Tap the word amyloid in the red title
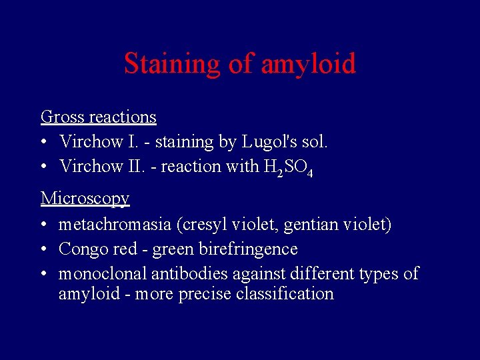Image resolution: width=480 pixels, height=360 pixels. (309, 65)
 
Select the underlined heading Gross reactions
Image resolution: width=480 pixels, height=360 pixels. (99, 117)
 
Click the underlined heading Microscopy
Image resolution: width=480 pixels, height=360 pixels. (85, 198)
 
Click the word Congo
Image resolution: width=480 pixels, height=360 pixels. (83, 249)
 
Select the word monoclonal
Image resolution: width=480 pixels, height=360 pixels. (103, 274)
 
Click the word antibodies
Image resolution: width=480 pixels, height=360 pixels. (189, 274)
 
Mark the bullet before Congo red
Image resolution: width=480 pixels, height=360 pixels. (44, 250)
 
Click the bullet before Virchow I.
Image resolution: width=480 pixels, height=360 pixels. (44, 143)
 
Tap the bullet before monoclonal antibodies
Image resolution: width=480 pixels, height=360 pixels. (44, 275)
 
